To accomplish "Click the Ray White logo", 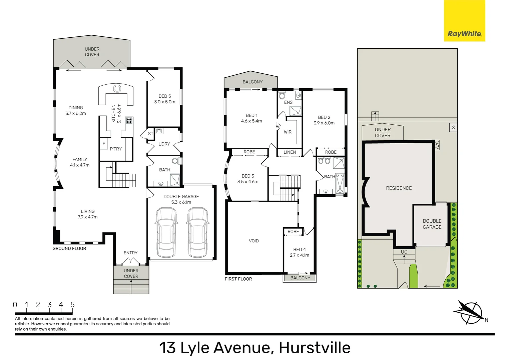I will (464, 33).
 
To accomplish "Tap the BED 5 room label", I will (165, 96).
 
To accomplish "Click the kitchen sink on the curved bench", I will (117, 89).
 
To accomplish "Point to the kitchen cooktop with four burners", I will (129, 120).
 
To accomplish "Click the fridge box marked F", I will (104, 144).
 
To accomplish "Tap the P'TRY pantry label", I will (116, 149).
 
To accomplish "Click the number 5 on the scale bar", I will (72, 305).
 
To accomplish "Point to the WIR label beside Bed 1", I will (288, 132).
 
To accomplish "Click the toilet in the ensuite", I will (282, 96).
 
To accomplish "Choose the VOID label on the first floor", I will (253, 241).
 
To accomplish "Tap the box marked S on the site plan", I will (453, 128).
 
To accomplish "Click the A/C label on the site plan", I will (438, 145).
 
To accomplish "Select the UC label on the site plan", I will (404, 252).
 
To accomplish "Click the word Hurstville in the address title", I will (315, 348).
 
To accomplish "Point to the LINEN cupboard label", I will (290, 152).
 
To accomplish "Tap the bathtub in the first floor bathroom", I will (340, 184).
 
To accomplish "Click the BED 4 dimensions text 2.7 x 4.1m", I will (299, 255).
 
